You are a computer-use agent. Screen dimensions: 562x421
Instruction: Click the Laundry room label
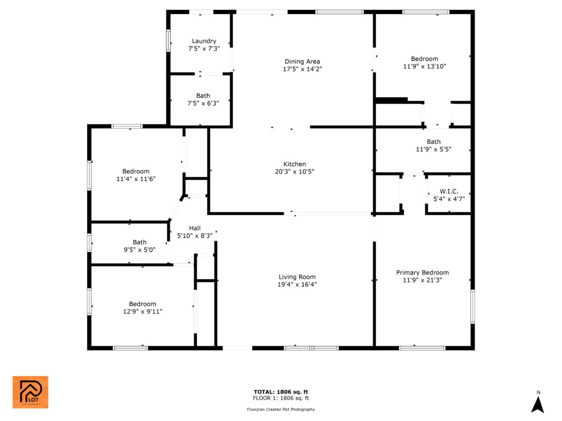(204, 41)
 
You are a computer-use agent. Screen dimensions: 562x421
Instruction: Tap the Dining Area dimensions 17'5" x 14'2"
(302, 69)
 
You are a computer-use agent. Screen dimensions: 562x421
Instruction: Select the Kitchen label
(295, 164)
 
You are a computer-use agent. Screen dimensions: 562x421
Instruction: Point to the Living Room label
(297, 277)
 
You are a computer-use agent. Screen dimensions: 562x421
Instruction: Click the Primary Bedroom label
(423, 272)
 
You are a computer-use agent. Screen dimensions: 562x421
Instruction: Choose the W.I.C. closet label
(449, 191)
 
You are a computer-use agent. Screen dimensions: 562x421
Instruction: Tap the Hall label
(195, 228)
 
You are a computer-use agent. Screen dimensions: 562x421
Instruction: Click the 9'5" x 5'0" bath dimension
(140, 250)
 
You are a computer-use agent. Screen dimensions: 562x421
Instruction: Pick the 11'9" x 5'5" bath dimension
(434, 149)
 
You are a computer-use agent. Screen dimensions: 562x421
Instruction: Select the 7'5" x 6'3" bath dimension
(203, 104)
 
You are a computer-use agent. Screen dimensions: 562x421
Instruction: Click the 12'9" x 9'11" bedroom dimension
(143, 311)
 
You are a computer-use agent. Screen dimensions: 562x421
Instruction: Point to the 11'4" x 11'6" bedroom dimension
(136, 179)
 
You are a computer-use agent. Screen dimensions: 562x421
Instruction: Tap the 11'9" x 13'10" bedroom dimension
(425, 66)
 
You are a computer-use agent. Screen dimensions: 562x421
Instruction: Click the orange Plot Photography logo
(31, 392)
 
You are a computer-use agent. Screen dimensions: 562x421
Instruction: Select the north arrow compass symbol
(538, 402)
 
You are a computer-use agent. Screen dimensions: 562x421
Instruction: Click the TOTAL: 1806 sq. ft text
(281, 391)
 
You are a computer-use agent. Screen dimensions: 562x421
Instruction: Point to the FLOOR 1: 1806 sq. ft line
(281, 398)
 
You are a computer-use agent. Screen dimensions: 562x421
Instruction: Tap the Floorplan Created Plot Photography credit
(281, 409)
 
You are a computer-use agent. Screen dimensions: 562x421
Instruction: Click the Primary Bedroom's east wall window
(473, 306)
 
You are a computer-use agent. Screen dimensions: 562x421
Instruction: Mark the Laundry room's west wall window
(168, 41)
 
